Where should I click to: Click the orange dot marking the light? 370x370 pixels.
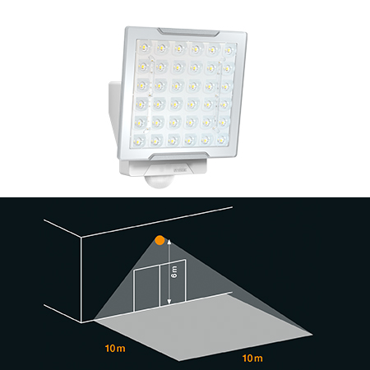click(160, 240)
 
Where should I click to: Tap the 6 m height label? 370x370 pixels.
click(174, 272)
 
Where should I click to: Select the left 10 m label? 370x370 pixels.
click(115, 349)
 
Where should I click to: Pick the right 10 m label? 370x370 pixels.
click(252, 358)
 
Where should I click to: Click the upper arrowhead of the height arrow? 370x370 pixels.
click(169, 242)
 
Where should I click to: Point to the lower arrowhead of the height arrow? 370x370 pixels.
click(169, 302)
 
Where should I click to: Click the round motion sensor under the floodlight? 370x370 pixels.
click(160, 182)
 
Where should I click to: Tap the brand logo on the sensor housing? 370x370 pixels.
click(180, 170)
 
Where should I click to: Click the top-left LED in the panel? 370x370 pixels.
click(144, 49)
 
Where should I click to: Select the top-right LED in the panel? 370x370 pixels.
click(229, 50)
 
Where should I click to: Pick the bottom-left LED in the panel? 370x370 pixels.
click(138, 141)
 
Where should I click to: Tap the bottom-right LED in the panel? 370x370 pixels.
click(221, 141)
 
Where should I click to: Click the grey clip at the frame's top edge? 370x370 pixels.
click(188, 32)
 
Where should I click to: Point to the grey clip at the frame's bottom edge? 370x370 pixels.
click(178, 156)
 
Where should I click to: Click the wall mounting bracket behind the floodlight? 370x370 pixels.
click(114, 109)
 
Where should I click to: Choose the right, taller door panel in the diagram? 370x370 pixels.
click(173, 283)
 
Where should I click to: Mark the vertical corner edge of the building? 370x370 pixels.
click(81, 280)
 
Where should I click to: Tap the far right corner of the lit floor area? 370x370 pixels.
click(312, 335)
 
